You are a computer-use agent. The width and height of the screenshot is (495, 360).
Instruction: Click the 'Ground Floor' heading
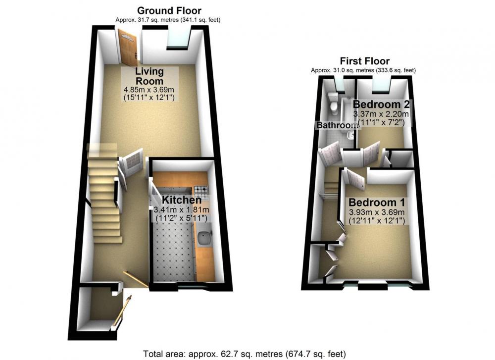tap(169, 10)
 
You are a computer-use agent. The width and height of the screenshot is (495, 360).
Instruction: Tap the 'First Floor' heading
tap(365, 60)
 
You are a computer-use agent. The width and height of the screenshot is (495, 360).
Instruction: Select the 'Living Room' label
tap(149, 76)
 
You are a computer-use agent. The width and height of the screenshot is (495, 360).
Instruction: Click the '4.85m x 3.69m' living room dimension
tap(149, 90)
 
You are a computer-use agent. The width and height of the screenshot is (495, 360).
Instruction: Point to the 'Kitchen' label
tap(182, 200)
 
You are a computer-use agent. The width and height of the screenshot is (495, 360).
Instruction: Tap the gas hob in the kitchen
tap(201, 190)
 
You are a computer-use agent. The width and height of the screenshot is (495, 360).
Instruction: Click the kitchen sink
tap(204, 238)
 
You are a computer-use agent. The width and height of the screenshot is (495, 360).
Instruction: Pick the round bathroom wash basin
tap(350, 136)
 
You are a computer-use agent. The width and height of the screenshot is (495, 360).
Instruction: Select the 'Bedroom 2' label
tap(381, 104)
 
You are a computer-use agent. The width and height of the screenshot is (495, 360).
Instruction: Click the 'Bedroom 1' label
tap(377, 202)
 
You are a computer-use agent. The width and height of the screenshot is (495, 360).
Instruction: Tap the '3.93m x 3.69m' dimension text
tap(377, 212)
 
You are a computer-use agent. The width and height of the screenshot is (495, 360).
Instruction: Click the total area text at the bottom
tap(245, 354)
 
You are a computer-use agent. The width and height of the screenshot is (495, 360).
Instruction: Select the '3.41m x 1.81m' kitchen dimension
tap(182, 209)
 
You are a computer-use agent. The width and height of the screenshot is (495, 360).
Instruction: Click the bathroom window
tap(340, 85)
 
